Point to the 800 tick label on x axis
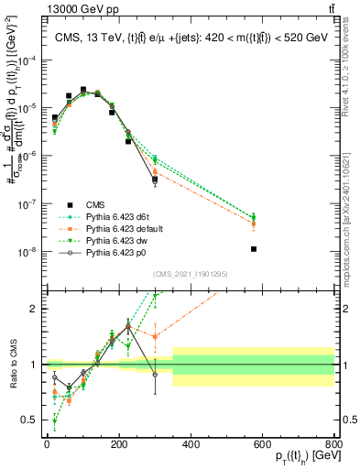point(335,444)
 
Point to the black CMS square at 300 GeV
point(155,180)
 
